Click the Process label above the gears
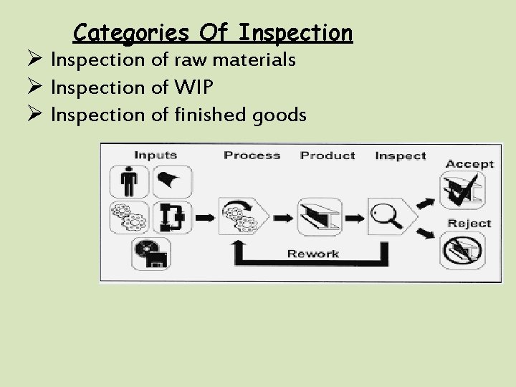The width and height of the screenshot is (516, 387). (252, 155)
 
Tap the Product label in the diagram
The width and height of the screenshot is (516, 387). (328, 155)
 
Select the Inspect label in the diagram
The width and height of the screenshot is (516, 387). (400, 155)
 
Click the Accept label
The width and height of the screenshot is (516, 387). (469, 163)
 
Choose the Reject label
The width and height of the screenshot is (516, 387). (469, 223)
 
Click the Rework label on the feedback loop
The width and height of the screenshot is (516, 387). (312, 253)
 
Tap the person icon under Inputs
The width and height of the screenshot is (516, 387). (130, 182)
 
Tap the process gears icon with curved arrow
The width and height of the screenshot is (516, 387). (244, 214)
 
